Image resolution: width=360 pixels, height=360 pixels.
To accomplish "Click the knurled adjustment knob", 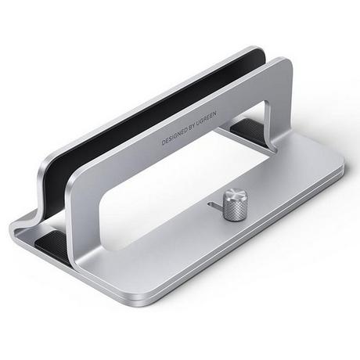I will tap(232, 200).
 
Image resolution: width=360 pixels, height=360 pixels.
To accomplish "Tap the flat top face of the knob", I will tap(232, 193).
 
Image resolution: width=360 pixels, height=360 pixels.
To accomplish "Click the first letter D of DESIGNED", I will tap(163, 143).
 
